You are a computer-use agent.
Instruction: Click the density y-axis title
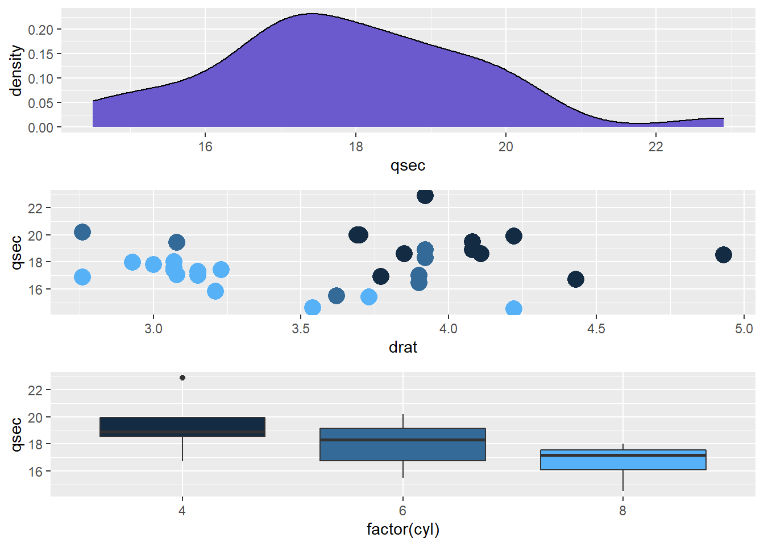point(16,71)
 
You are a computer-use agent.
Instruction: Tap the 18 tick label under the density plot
point(355,147)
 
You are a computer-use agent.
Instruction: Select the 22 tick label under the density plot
point(655,147)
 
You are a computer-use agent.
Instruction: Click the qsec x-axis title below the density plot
point(408,166)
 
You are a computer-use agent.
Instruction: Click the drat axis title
point(402,348)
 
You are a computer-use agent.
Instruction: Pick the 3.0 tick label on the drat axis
point(153,329)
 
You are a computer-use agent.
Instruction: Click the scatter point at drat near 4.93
point(723,255)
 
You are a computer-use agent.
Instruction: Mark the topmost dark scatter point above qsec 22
point(425,196)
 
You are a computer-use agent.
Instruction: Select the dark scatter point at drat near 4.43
point(575,279)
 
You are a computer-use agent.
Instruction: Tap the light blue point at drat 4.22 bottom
point(513,309)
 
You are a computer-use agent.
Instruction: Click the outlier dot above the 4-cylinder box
point(182,378)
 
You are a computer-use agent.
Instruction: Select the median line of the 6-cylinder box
point(402,440)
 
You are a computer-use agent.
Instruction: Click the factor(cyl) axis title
point(402,530)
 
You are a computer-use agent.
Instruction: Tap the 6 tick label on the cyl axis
point(402,511)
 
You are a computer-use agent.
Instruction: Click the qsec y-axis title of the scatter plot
point(16,253)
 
